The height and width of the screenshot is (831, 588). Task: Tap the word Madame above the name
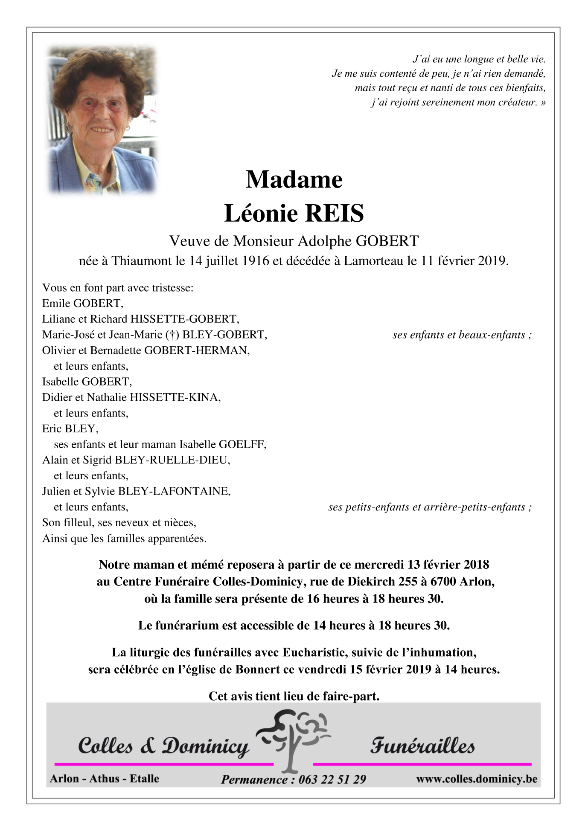coord(294,180)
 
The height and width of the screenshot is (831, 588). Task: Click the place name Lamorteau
coord(373,261)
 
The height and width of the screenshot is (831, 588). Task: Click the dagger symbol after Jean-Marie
coord(171,335)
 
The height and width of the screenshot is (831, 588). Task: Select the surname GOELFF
coord(242,444)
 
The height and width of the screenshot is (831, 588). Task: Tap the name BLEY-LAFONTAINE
coord(174,491)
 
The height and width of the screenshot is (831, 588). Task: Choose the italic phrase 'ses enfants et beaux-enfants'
coord(459,335)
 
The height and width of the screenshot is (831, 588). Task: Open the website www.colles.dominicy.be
coord(477,779)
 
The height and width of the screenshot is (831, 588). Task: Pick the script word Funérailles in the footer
coord(422,746)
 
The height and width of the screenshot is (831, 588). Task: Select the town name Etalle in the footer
coord(144,779)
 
